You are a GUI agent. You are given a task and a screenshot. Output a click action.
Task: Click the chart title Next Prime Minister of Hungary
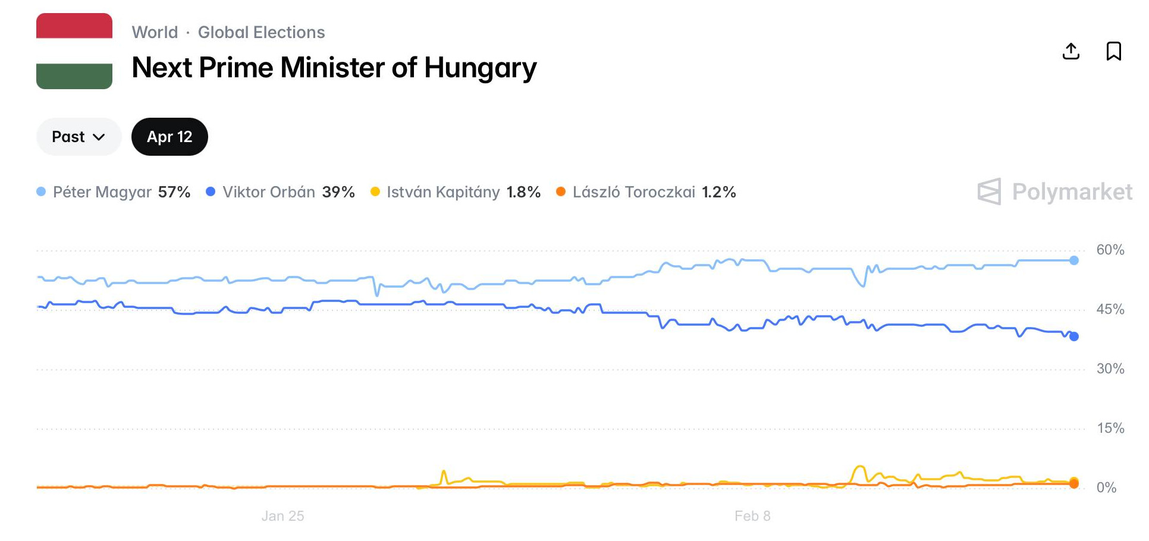coord(334,68)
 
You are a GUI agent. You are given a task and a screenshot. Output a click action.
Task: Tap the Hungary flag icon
coord(74,51)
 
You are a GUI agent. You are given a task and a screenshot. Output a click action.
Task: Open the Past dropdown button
coord(79,137)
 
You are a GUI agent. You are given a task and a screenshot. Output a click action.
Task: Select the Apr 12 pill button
coord(169,137)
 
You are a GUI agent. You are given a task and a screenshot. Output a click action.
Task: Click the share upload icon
coord(1070,51)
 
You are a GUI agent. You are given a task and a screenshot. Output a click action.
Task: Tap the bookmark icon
coord(1113,51)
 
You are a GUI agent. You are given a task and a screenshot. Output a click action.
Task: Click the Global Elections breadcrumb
coord(261,32)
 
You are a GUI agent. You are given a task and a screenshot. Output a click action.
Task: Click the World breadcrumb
coord(155,32)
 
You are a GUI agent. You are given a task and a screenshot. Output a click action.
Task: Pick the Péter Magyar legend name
coord(102,192)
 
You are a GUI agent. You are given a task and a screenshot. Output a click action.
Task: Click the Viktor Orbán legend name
coord(269,192)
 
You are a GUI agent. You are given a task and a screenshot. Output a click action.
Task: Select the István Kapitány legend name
coord(443,192)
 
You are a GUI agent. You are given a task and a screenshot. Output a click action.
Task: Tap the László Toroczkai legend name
coord(634,192)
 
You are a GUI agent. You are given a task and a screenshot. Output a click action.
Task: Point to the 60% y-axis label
coord(1110,250)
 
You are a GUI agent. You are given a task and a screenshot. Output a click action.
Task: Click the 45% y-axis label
coord(1110,309)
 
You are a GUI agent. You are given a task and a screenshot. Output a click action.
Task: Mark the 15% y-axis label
coord(1110,428)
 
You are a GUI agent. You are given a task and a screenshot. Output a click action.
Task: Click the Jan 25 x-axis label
coord(282,516)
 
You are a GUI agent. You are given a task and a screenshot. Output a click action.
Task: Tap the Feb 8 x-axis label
coord(752,516)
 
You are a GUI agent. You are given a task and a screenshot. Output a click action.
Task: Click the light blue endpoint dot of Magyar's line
coord(1074,260)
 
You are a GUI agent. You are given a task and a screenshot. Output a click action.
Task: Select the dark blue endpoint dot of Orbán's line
coord(1074,336)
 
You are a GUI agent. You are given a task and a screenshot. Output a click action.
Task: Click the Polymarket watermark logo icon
coord(990,191)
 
